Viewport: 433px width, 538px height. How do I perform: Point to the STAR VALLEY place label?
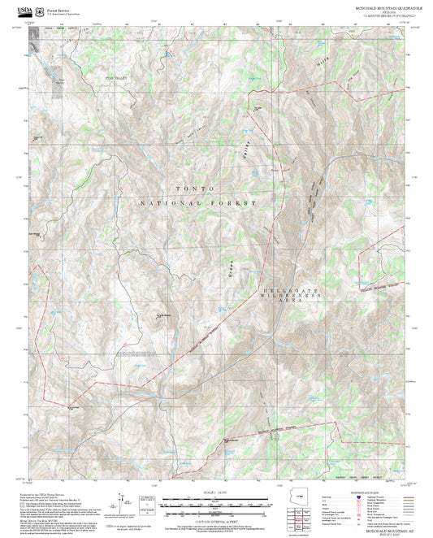[119, 78]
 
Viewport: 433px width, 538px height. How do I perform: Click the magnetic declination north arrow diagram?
[119, 504]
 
